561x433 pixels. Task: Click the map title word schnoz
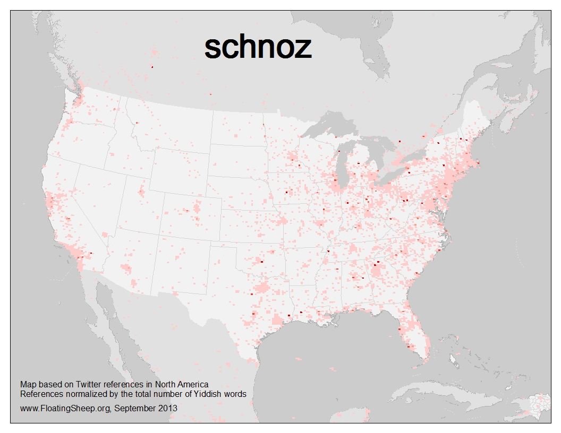258,48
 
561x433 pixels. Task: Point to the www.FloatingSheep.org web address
65,408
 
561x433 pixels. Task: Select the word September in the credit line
135,408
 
